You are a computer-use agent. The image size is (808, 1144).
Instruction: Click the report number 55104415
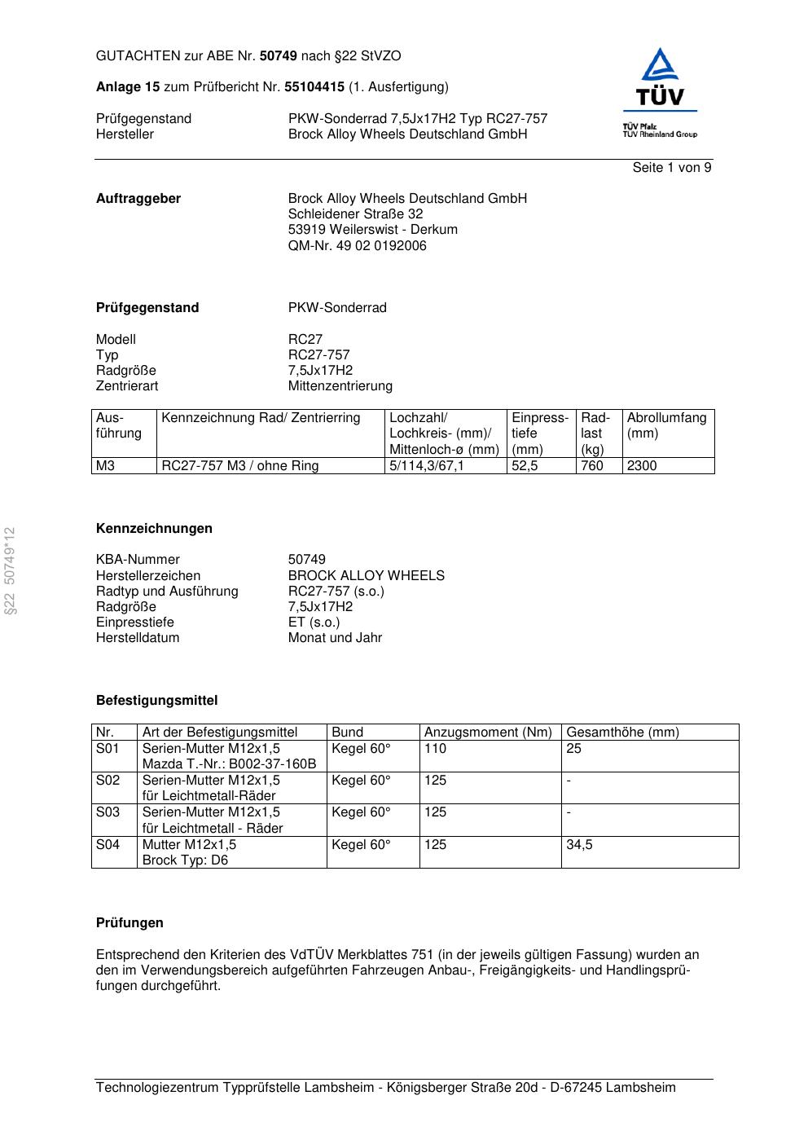[x=314, y=87]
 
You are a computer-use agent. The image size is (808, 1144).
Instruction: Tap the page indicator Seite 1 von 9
[x=671, y=168]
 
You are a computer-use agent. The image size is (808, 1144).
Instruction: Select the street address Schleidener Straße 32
[x=355, y=214]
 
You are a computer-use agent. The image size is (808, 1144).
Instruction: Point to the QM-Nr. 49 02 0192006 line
[x=357, y=245]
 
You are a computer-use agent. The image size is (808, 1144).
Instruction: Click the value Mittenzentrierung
[x=340, y=386]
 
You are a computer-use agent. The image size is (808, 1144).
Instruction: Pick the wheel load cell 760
[x=591, y=466]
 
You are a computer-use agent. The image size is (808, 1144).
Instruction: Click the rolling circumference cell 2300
[x=641, y=466]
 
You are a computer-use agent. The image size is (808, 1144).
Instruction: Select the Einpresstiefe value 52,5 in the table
[x=525, y=466]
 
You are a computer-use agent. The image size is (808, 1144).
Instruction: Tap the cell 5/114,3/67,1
[x=426, y=466]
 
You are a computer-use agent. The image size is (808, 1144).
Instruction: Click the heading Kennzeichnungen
[x=154, y=529]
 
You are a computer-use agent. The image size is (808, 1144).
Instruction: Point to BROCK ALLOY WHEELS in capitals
[x=366, y=576]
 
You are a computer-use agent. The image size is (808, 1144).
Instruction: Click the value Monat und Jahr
[x=335, y=638]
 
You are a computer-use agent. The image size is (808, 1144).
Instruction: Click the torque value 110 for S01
[x=435, y=749]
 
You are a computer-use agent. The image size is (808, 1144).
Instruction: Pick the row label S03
[x=108, y=812]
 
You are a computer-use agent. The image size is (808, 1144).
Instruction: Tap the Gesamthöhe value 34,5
[x=579, y=845]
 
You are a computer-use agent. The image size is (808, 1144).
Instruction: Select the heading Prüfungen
[x=130, y=923]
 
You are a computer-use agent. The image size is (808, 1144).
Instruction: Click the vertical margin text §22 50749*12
[x=10, y=570]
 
